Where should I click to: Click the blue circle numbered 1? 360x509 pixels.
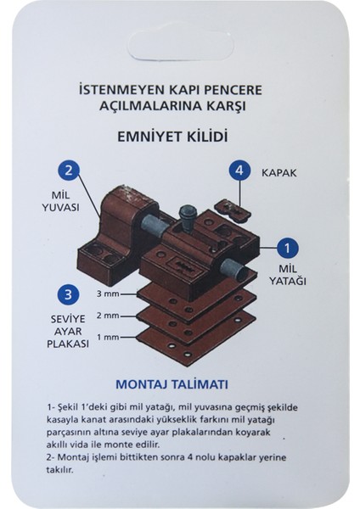coord(290,248)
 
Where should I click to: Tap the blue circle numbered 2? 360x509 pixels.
coord(70,170)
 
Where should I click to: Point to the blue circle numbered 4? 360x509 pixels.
coord(240,171)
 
